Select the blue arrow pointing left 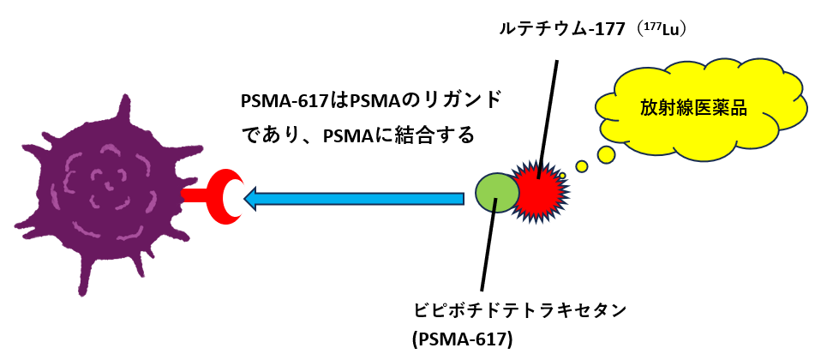360,199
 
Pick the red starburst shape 537,191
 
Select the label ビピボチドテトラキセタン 515,307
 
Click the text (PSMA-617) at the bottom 462,339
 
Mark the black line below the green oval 488,249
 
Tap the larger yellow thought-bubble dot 606,154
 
